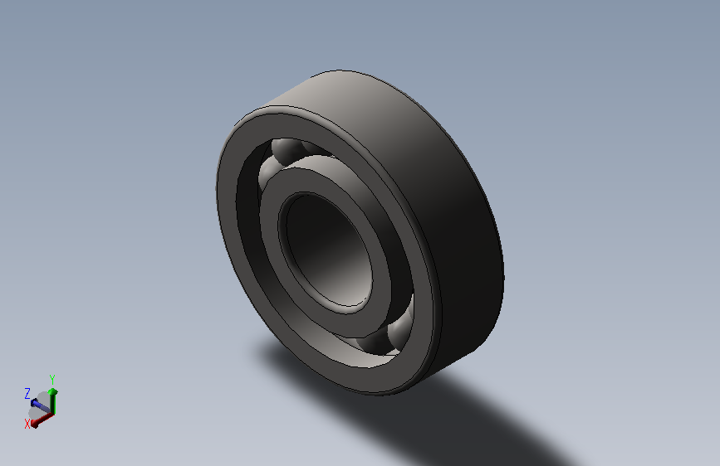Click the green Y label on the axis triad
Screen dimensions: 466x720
(x=52, y=379)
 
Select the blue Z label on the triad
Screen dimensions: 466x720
(x=27, y=393)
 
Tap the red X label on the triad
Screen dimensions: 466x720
(x=27, y=423)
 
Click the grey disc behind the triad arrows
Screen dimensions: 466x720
(x=37, y=410)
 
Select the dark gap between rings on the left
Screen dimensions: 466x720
(x=248, y=216)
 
